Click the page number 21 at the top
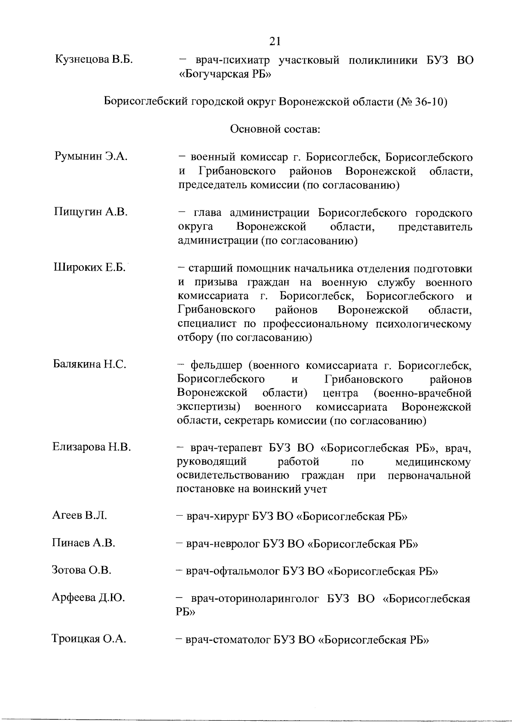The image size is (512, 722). pyautogui.click(x=275, y=41)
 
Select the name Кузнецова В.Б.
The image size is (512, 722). pyautogui.click(x=94, y=60)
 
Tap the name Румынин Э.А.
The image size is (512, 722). pyautogui.click(x=91, y=157)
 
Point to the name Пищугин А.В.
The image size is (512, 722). pyautogui.click(x=90, y=212)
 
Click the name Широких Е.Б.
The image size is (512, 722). pyautogui.click(x=90, y=267)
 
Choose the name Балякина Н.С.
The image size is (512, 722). pyautogui.click(x=90, y=365)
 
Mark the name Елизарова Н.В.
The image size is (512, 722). pyautogui.click(x=91, y=447)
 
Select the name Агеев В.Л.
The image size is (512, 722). pyautogui.click(x=79, y=516)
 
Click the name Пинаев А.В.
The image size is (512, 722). pyautogui.click(x=84, y=543)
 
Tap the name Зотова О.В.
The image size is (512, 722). pyautogui.click(x=81, y=570)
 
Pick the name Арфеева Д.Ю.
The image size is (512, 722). pyautogui.click(x=88, y=598)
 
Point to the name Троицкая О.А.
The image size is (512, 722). pyautogui.click(x=89, y=639)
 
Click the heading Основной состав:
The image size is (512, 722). pyautogui.click(x=275, y=129)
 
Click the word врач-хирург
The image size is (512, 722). pyautogui.click(x=218, y=517)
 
